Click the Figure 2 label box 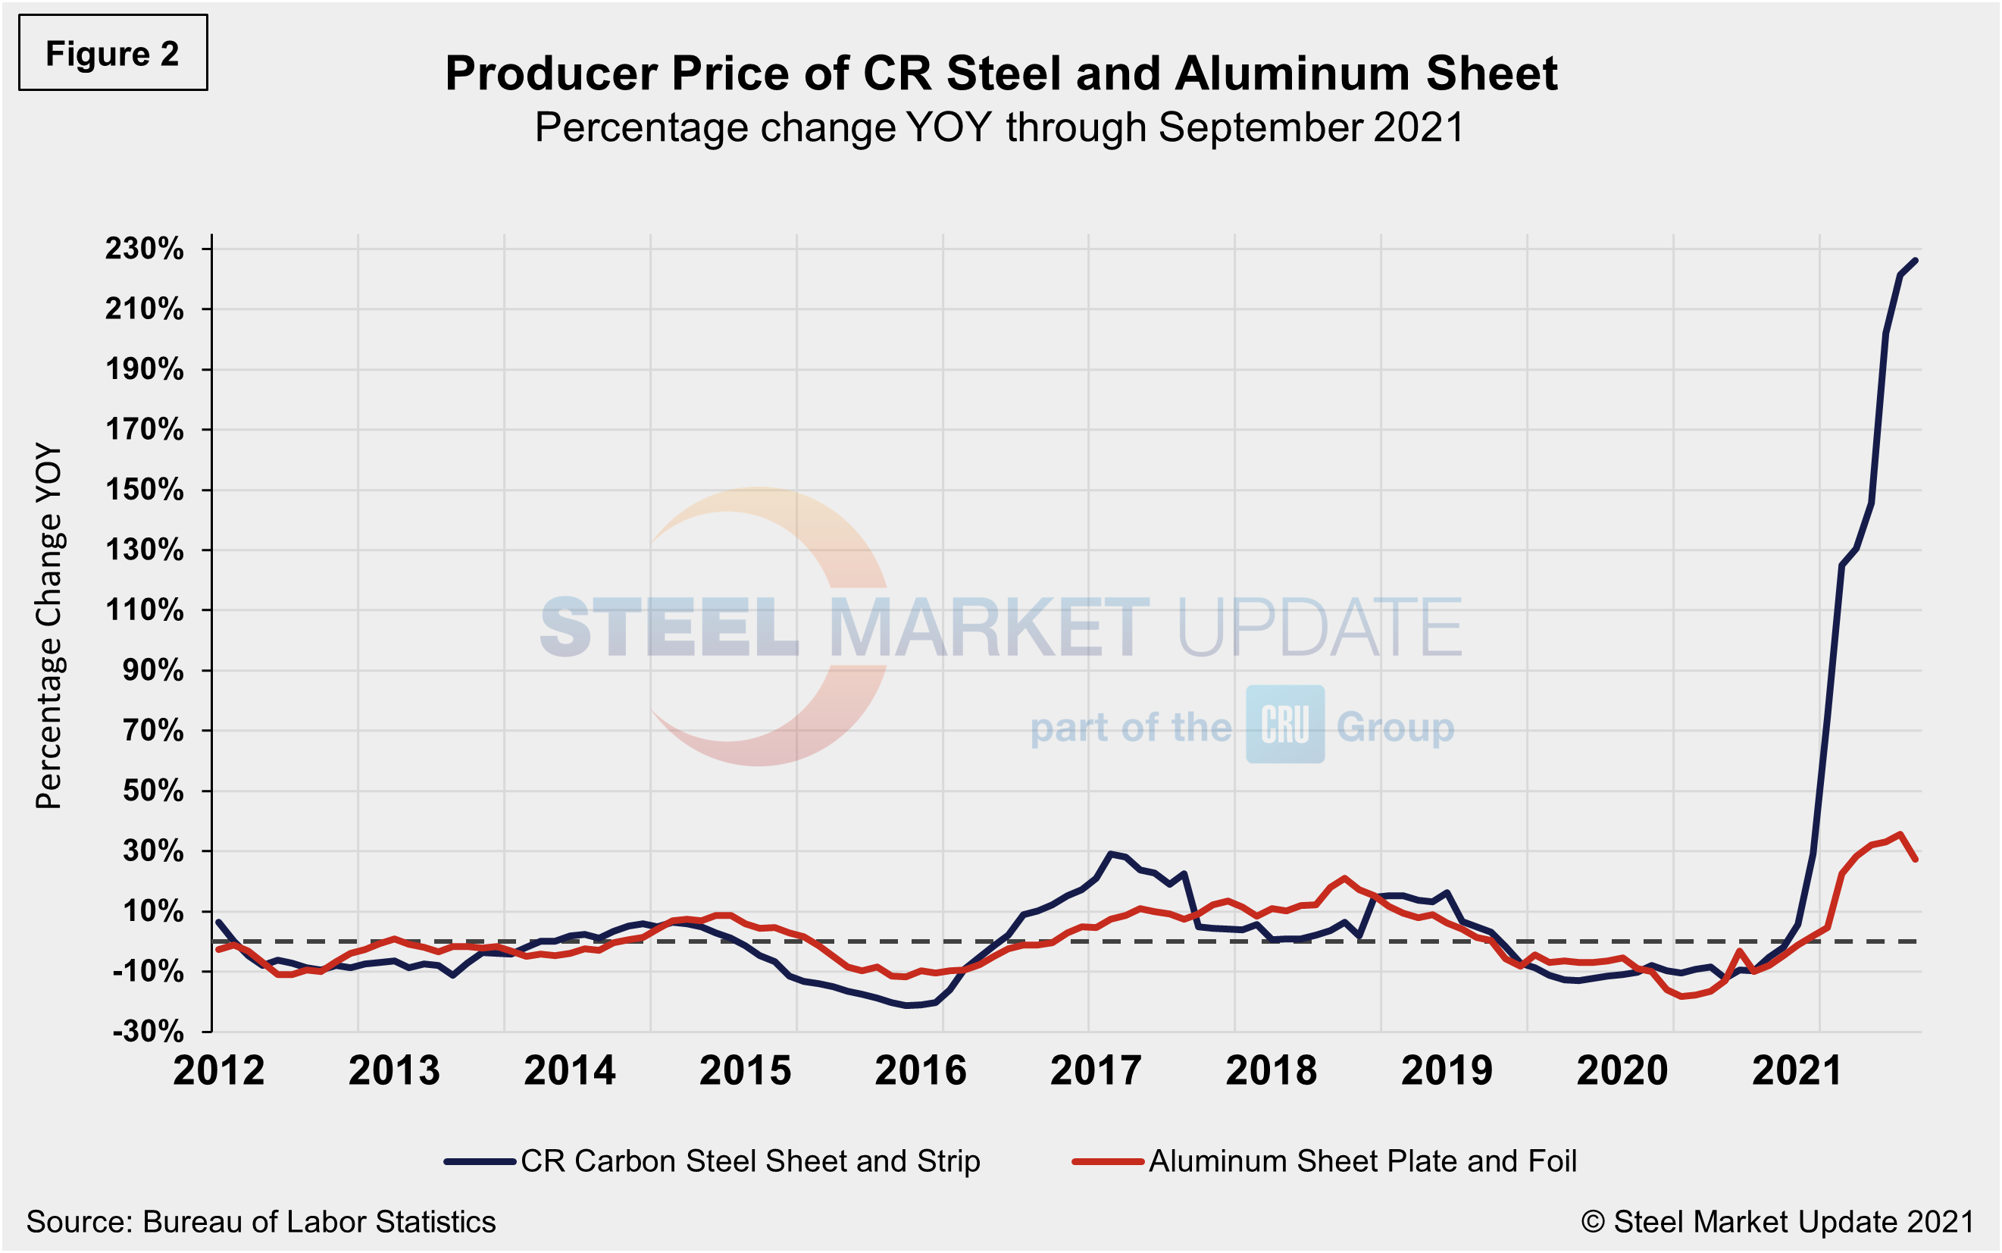[x=113, y=53]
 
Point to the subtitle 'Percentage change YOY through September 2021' [x=999, y=127]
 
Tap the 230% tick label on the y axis [x=144, y=249]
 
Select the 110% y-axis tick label [x=144, y=610]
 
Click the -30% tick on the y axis [x=148, y=1031]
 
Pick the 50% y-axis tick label [x=152, y=791]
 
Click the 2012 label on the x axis [x=219, y=1070]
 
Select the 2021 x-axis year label [x=1797, y=1070]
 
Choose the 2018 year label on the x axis [x=1272, y=1070]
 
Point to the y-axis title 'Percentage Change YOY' [x=48, y=626]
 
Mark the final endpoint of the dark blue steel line [x=1915, y=260]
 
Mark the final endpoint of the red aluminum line [x=1915, y=860]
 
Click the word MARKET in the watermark [x=989, y=628]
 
